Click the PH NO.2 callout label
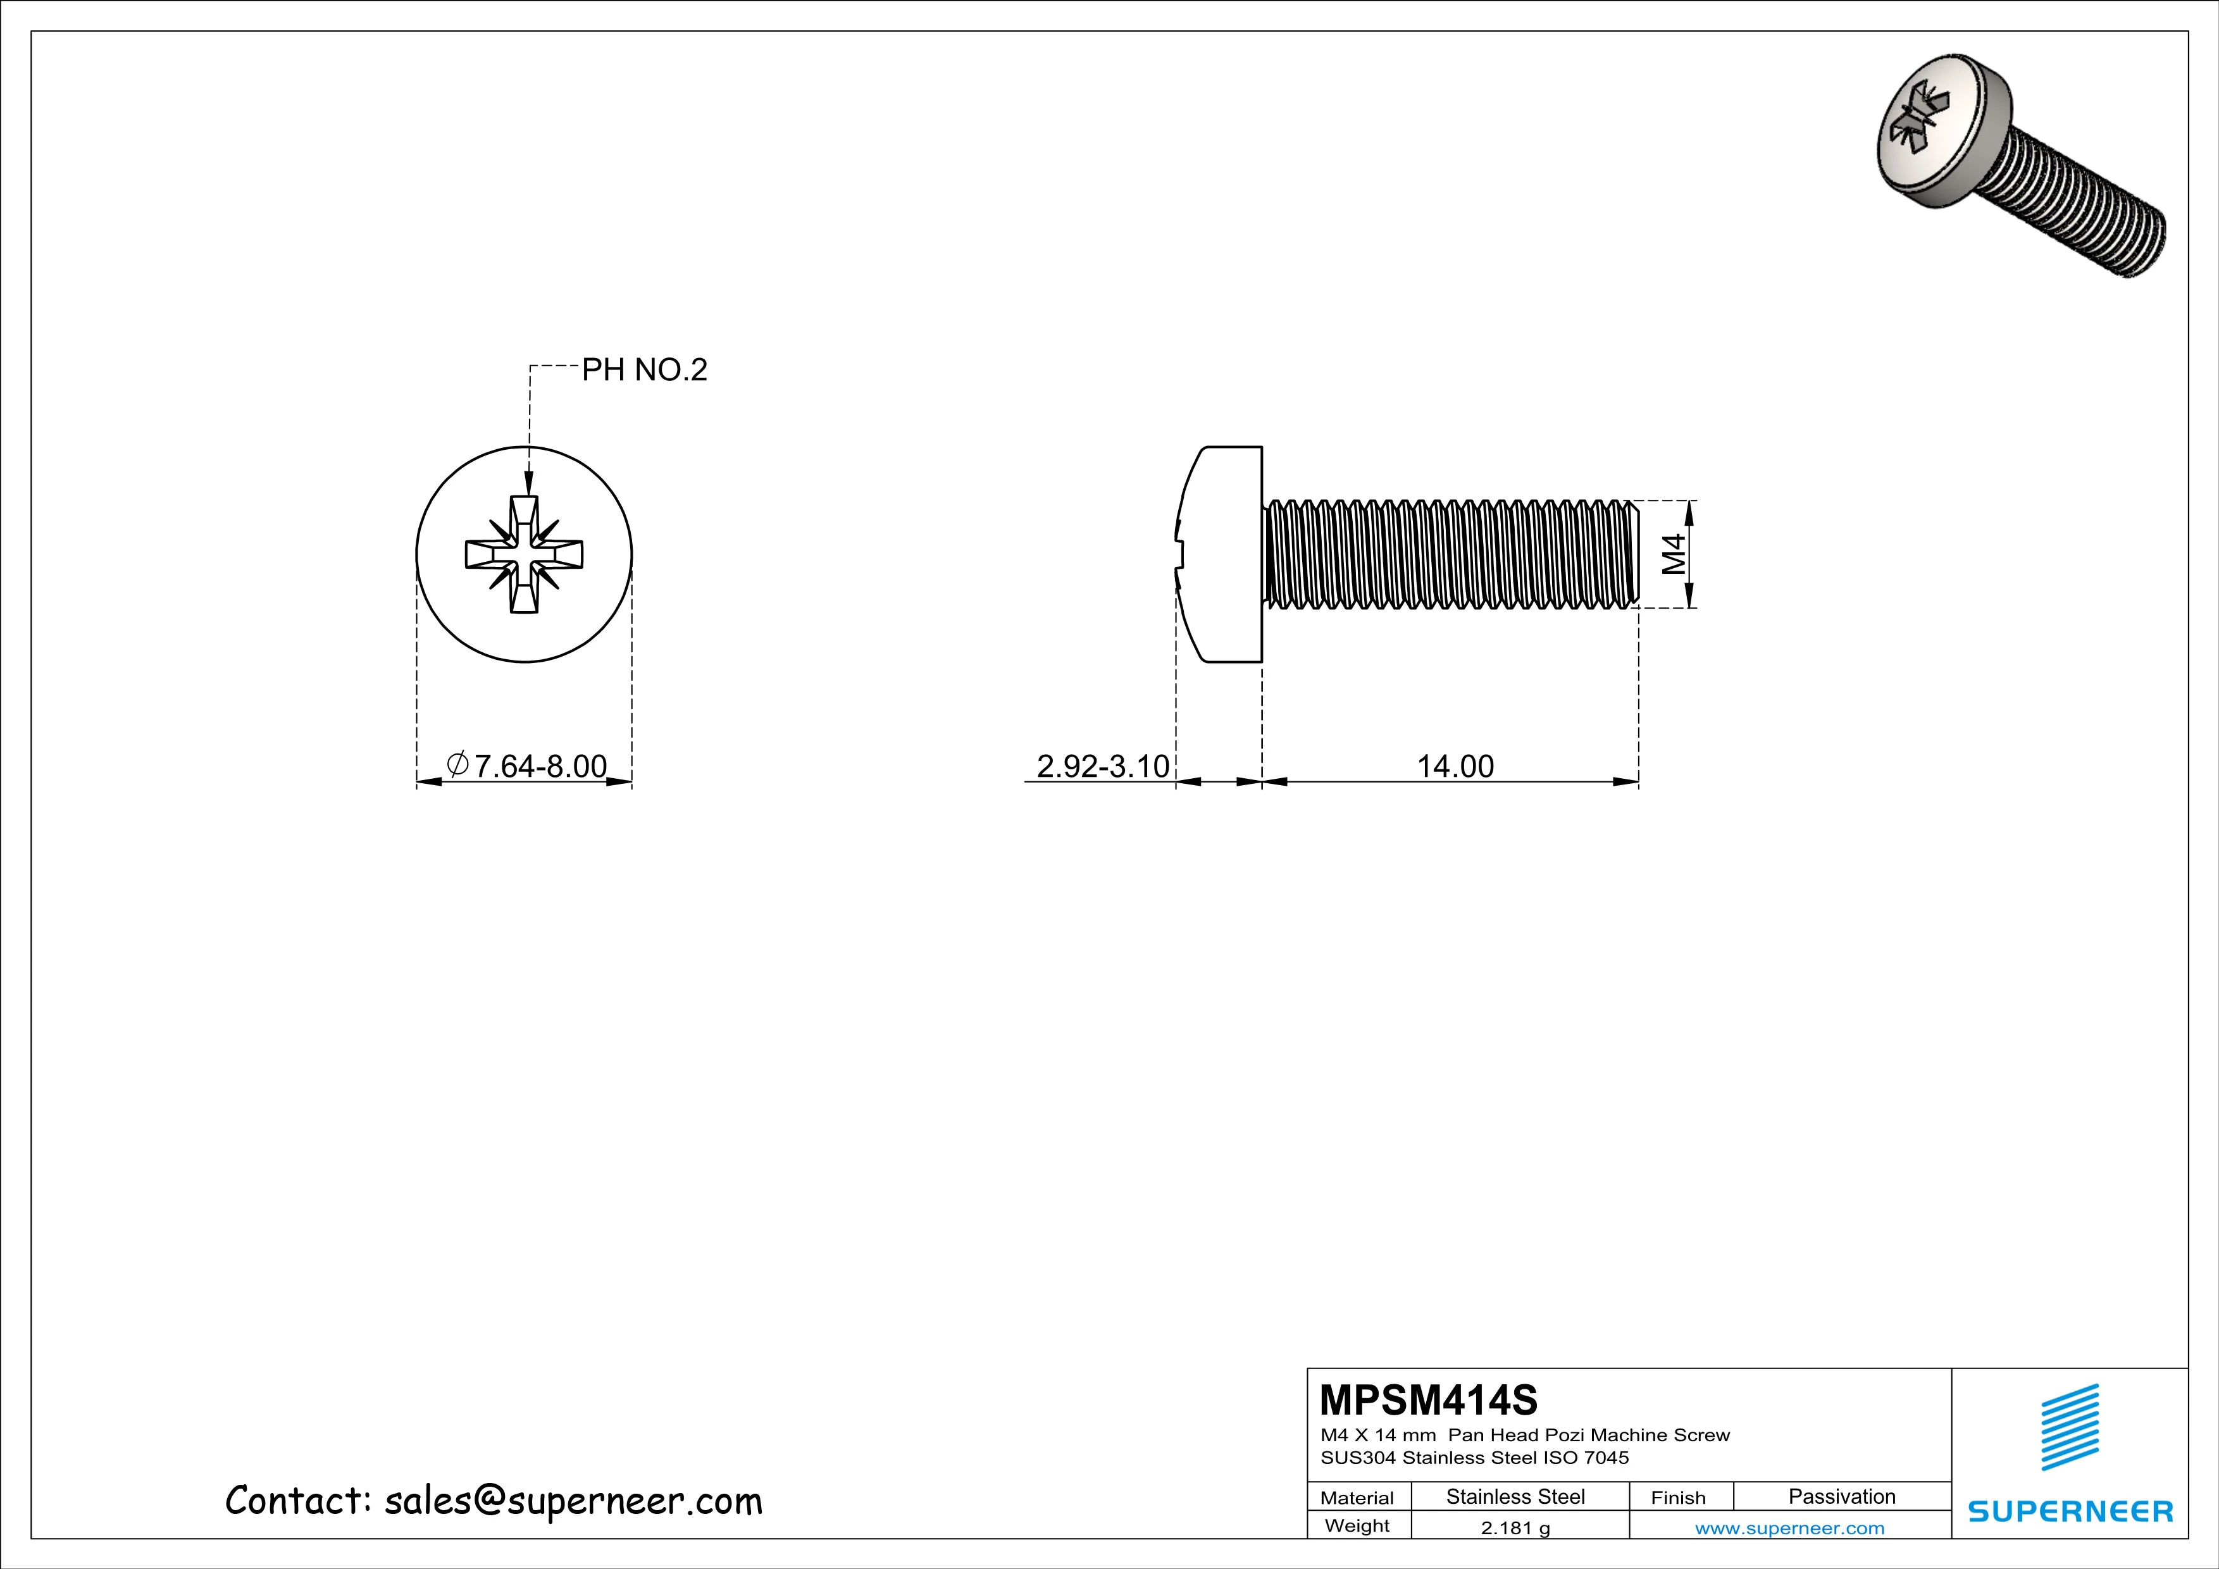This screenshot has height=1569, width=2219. (x=643, y=370)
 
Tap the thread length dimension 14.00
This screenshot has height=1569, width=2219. (x=1455, y=766)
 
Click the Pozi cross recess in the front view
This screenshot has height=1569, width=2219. (x=524, y=555)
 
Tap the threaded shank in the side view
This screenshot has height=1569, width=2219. (x=1450, y=555)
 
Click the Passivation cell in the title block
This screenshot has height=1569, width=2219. (x=1841, y=1496)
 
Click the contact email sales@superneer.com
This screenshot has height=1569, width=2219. (x=573, y=1501)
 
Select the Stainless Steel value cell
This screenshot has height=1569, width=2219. (x=1514, y=1496)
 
